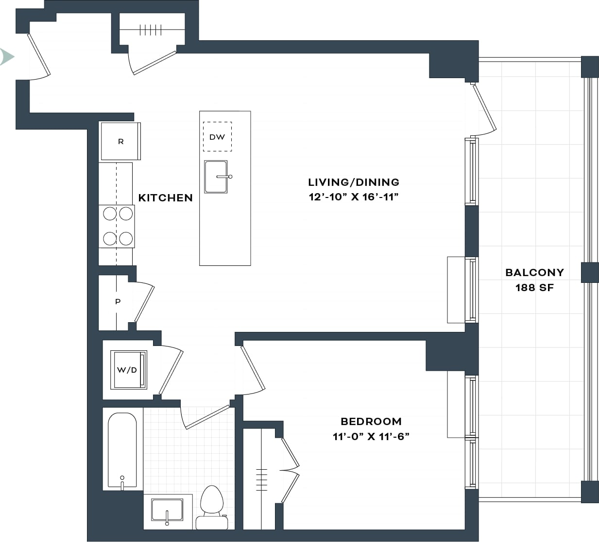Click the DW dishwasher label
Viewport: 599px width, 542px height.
click(x=217, y=137)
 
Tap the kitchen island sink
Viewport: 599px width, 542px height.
click(x=216, y=177)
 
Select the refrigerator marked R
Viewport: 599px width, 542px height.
click(x=120, y=141)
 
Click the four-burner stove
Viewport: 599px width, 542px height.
click(x=117, y=226)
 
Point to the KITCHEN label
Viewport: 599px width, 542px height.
click(x=165, y=197)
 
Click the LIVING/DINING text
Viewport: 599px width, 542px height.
click(x=353, y=182)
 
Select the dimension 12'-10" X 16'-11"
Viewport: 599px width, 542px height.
click(x=353, y=197)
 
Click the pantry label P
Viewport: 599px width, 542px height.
click(x=118, y=302)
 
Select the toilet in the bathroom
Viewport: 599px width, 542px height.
click(x=212, y=507)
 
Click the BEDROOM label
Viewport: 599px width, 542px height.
click(x=371, y=421)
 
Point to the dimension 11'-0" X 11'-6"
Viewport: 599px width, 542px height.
click(x=371, y=436)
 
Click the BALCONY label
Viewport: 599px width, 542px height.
click(x=534, y=272)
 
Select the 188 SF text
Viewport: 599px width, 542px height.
click(x=534, y=287)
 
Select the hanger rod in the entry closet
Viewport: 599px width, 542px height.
click(x=150, y=30)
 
